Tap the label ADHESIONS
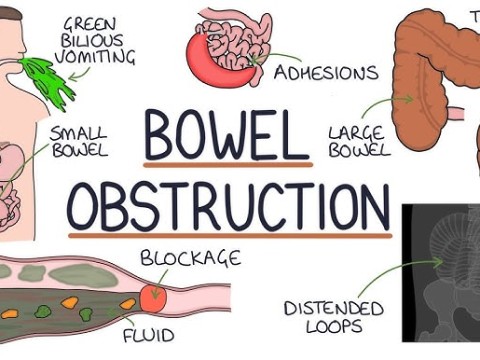(x=326, y=73)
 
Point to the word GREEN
(x=98, y=22)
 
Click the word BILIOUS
(x=97, y=40)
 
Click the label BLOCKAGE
(x=190, y=259)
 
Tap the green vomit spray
(x=52, y=80)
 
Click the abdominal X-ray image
(x=440, y=270)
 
